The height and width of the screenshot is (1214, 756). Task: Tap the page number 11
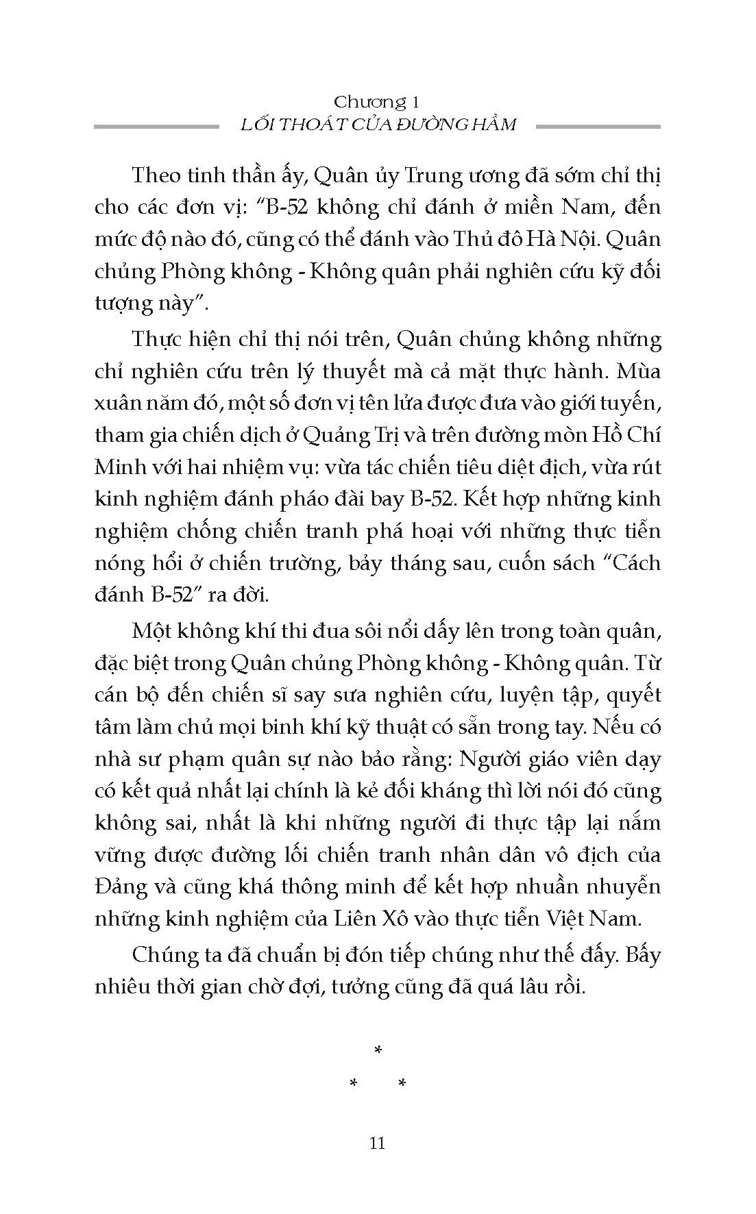coord(377,1143)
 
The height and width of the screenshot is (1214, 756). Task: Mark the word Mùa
coord(638,371)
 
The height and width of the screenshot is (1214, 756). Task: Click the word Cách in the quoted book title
coord(629,563)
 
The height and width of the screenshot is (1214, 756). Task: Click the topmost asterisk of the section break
coord(377,1050)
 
